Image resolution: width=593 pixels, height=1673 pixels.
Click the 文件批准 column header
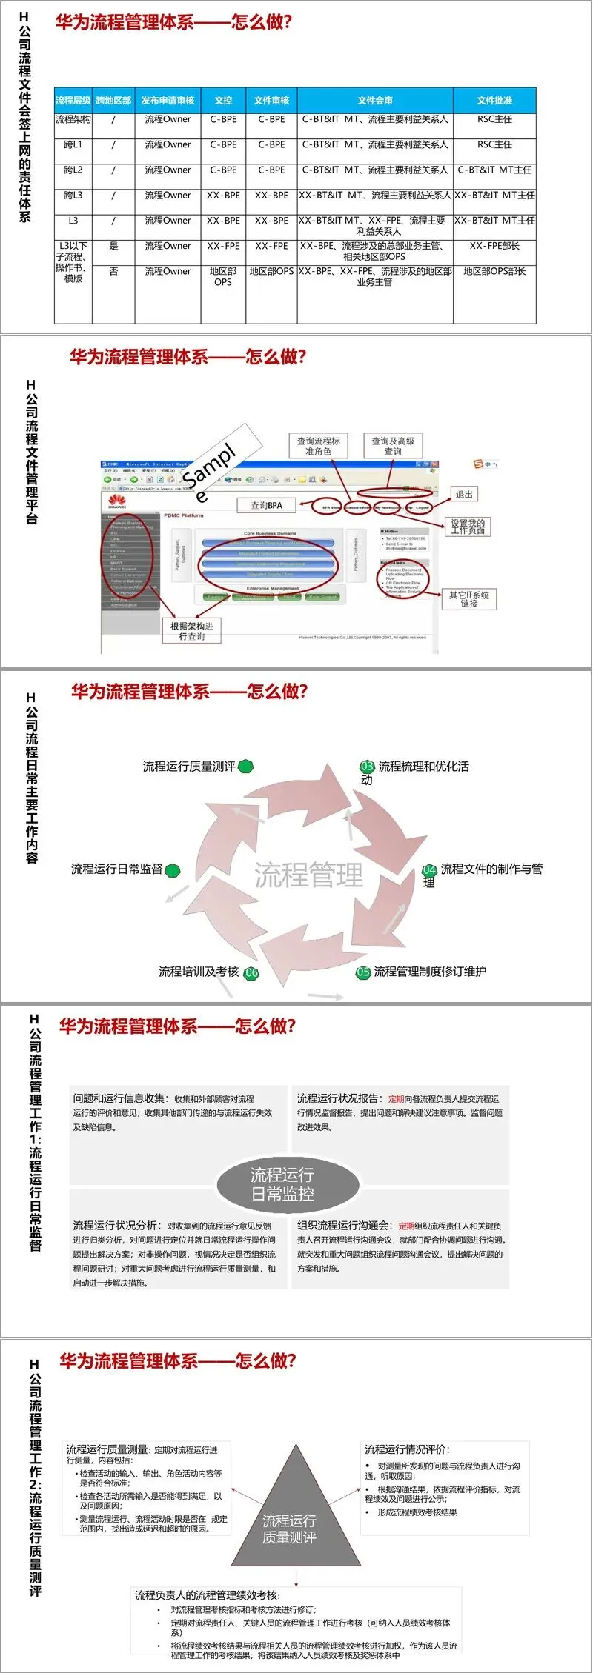pos(494,100)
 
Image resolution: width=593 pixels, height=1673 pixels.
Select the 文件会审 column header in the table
pos(374,100)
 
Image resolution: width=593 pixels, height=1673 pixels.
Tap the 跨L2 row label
pos(73,170)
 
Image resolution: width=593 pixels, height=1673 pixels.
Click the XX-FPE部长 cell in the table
pos(494,246)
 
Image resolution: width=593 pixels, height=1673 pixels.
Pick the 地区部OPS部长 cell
pos(494,271)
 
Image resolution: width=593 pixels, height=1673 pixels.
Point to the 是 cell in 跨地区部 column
pos(113,246)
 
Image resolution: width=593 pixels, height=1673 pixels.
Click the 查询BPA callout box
pos(267,505)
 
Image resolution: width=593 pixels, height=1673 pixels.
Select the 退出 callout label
pos(464,494)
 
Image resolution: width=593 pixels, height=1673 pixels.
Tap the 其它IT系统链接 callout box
pos(469,599)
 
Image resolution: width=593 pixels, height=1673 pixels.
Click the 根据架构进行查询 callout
pos(192,630)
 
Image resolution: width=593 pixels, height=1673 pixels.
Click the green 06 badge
pos(251,972)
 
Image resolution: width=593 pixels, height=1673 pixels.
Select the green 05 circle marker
pos(363,972)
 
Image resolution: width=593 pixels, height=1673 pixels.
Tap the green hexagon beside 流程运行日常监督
pos(173,869)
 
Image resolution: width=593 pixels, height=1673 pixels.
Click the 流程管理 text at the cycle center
pos(308,875)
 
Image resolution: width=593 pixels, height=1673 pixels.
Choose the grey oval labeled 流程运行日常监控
pos(288,1183)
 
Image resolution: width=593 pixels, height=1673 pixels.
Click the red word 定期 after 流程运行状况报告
pos(397,1099)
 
